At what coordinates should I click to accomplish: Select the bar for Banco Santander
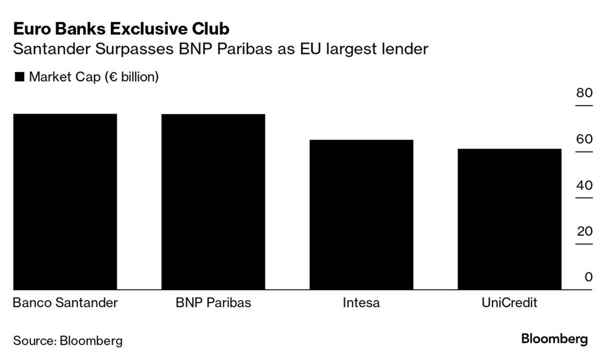(65, 202)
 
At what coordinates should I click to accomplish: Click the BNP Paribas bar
(213, 202)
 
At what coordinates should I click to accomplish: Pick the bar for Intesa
(361, 215)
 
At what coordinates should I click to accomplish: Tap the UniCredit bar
(509, 219)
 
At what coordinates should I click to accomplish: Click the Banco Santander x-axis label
(65, 302)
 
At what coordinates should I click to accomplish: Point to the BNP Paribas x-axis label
(213, 302)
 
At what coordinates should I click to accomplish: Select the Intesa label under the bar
(361, 302)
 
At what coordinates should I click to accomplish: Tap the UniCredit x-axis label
(509, 302)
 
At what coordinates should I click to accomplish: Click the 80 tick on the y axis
(584, 93)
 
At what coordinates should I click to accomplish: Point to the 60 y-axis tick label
(584, 139)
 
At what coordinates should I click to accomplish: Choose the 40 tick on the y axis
(584, 185)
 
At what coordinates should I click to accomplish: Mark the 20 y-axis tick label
(584, 232)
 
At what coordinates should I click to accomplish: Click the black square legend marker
(18, 77)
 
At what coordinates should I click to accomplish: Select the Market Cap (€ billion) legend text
(94, 77)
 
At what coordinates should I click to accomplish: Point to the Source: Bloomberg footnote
(68, 341)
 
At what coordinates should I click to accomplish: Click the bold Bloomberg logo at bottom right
(554, 339)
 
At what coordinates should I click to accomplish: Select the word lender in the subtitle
(407, 49)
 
